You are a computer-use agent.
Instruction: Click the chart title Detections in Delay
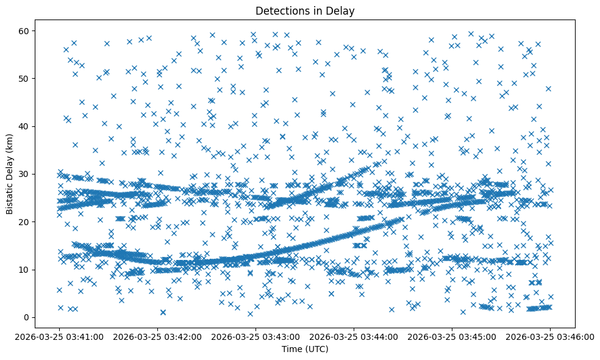tap(305, 11)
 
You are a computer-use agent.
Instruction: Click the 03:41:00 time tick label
tap(60, 336)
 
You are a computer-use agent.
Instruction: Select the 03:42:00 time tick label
tap(158, 336)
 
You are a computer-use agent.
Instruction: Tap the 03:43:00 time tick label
tap(256, 336)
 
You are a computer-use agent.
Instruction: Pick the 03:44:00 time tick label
tap(354, 336)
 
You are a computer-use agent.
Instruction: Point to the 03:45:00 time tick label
tap(452, 336)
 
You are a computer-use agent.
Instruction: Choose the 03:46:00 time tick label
tap(551, 336)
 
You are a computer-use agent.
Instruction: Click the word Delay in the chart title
tap(342, 11)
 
